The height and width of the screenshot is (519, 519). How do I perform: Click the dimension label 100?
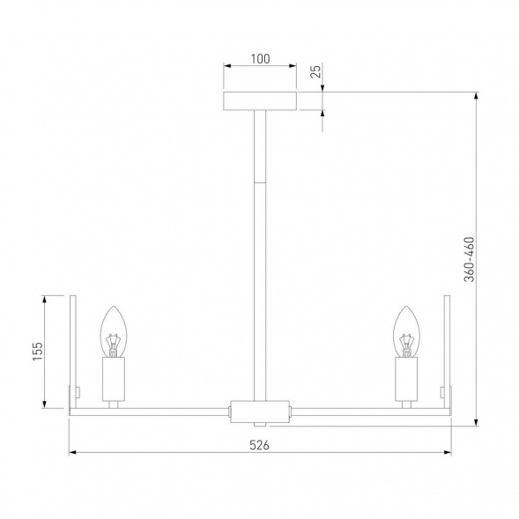(x=259, y=59)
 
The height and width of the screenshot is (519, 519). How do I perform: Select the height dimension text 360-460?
(x=470, y=259)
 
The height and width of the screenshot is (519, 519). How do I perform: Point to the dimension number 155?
(x=37, y=352)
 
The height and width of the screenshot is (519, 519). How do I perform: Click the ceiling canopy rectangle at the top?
(x=259, y=100)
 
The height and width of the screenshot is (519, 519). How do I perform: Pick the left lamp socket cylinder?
(x=115, y=379)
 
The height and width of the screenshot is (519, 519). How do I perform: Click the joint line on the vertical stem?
(x=260, y=181)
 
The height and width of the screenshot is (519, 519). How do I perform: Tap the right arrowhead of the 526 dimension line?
(x=447, y=454)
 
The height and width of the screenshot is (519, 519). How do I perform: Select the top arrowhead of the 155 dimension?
(x=45, y=297)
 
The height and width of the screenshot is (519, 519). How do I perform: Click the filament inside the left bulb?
(x=114, y=340)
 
